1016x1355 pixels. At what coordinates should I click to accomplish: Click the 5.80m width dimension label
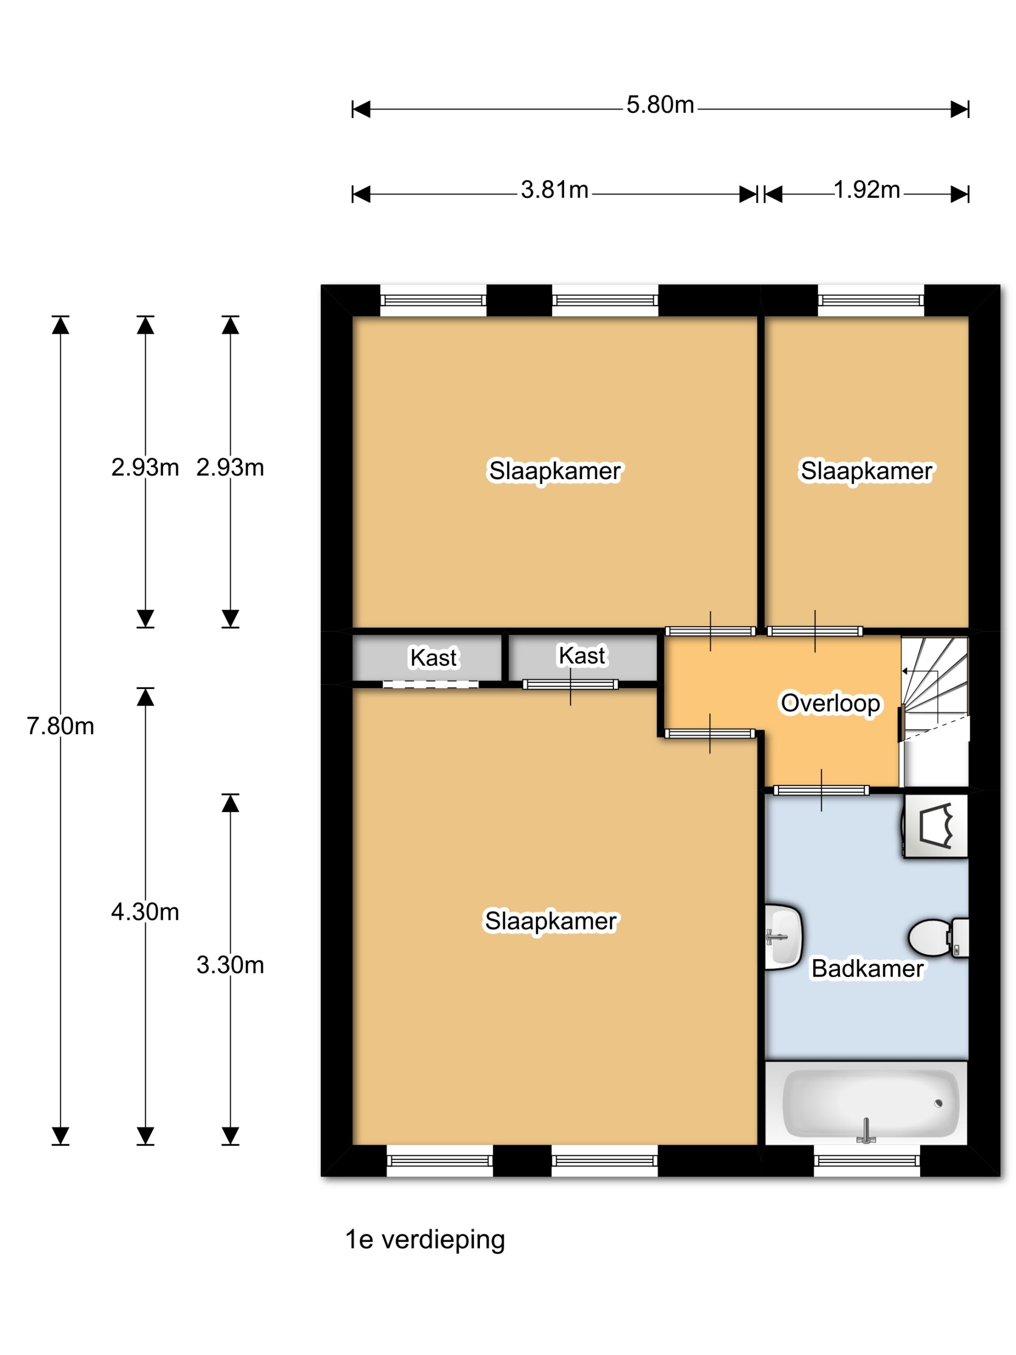tap(659, 105)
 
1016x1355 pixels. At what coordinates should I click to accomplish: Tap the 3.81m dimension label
tap(554, 190)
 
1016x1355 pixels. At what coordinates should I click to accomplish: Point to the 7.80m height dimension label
tap(60, 726)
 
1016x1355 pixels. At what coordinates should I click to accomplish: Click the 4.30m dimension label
tap(145, 912)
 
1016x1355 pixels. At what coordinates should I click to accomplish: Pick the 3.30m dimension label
tap(230, 965)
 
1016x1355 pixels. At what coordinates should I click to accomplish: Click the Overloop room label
tap(830, 703)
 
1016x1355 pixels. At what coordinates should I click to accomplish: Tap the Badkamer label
tap(867, 969)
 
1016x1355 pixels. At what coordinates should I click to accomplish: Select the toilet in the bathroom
tap(938, 937)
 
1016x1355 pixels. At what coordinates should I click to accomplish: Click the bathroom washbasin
tap(783, 937)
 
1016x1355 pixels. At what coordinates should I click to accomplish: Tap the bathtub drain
tap(938, 1104)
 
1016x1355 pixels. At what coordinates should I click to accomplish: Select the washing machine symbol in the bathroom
tap(935, 826)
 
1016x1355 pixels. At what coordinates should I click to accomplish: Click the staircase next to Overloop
tap(934, 710)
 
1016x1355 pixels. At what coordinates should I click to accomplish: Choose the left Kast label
tap(433, 658)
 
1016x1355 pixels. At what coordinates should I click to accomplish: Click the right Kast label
tap(582, 656)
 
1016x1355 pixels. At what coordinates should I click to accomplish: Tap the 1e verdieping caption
tap(425, 1240)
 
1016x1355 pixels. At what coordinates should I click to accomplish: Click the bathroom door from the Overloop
tap(821, 790)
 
